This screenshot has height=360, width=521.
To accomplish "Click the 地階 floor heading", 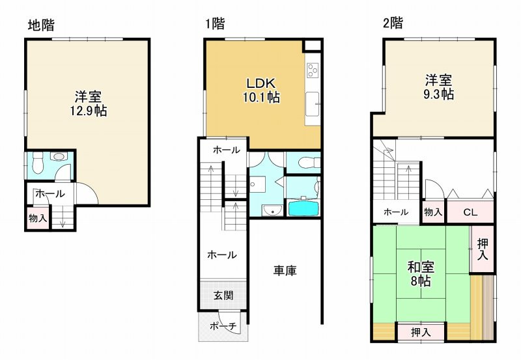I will [x=41, y=25].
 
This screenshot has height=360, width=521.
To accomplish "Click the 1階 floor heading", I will [x=215, y=25].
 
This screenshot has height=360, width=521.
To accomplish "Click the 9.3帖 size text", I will [x=440, y=94].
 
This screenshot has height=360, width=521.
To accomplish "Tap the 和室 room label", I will [x=421, y=267].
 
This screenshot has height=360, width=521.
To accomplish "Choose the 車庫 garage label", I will [x=285, y=270].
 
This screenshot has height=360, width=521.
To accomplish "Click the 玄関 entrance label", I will [x=223, y=295].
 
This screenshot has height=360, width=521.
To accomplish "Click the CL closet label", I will [x=471, y=212].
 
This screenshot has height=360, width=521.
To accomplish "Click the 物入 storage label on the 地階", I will [x=37, y=218].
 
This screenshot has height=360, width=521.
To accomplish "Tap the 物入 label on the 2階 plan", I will [x=433, y=212].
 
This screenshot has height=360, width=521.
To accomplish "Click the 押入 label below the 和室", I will [x=421, y=332].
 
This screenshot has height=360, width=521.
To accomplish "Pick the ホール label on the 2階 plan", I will [x=395, y=212].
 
